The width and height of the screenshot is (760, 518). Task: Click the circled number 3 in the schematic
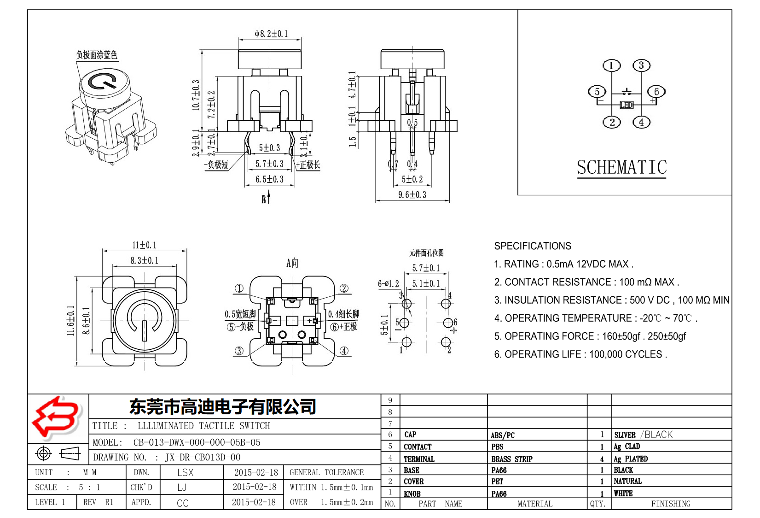tap(641, 65)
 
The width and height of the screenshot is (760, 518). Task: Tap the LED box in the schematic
tap(627, 105)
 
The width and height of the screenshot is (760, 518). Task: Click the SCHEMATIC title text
tap(621, 167)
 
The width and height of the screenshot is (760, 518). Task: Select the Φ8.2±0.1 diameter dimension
tap(271, 34)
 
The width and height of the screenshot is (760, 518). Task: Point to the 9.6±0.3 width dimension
tap(412, 195)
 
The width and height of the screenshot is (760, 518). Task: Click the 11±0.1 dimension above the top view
tap(144, 245)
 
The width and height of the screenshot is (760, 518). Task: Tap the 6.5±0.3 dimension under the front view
tap(269, 179)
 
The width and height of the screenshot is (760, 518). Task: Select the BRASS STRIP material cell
tap(511, 459)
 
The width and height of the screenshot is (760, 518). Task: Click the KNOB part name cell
tap(412, 494)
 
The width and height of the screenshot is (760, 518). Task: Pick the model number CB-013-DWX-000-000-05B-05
tap(197, 442)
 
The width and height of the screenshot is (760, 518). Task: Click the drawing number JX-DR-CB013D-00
tap(203, 458)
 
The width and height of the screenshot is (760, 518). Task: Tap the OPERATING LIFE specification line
tap(580, 354)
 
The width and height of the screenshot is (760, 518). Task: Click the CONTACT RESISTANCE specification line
tap(586, 282)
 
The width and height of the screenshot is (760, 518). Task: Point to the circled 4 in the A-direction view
tap(344, 351)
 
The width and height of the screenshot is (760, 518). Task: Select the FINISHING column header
tap(670, 504)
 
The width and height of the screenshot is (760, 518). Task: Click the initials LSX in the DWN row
tap(186, 472)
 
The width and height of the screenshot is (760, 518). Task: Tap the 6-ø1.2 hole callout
tap(388, 284)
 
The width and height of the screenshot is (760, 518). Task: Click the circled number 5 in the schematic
tap(597, 92)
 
